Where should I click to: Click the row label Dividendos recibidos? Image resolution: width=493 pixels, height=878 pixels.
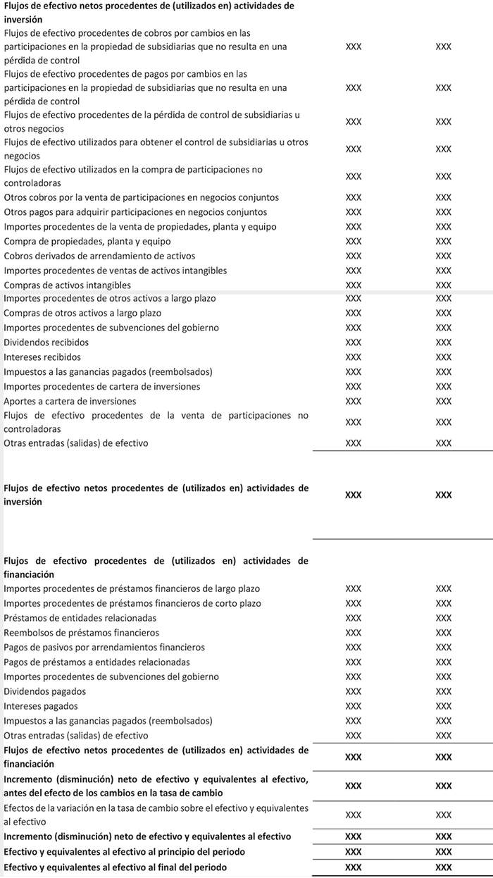(46, 342)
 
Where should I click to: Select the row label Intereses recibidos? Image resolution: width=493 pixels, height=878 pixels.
(42, 357)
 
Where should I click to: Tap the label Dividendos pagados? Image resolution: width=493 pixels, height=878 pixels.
(45, 691)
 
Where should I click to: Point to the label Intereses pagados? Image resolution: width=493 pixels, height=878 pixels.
(41, 706)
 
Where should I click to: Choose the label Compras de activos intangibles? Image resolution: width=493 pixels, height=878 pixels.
(68, 285)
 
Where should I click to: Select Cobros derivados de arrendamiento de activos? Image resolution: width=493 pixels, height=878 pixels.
(99, 256)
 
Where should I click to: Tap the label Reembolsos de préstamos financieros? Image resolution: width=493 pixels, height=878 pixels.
(82, 633)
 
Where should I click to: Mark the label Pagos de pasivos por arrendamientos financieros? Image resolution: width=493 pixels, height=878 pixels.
(104, 647)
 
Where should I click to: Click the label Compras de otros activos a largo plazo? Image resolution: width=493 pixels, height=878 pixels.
(82, 313)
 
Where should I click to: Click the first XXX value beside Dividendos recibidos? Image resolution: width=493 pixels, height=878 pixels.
(354, 342)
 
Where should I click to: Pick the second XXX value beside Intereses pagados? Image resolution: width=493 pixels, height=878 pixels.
(443, 706)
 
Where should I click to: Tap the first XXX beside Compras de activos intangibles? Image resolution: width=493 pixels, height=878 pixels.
(354, 285)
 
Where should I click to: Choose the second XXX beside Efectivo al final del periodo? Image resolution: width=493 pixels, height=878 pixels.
(443, 867)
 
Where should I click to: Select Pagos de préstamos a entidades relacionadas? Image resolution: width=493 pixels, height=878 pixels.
(96, 662)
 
